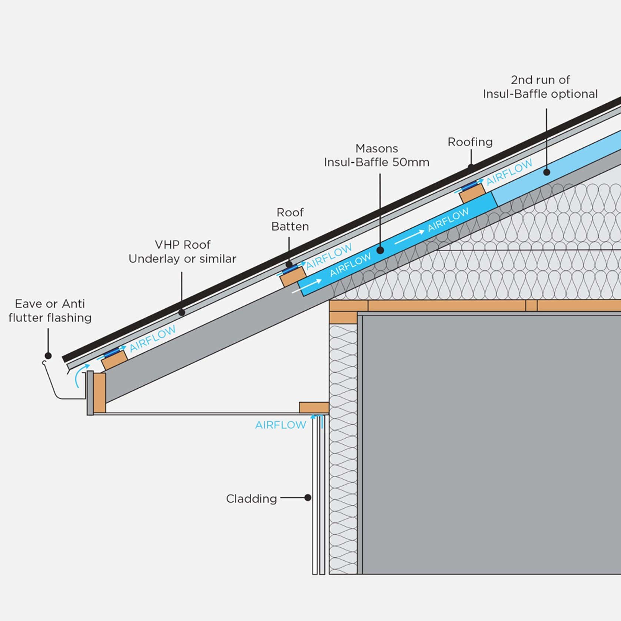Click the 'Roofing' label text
[470, 142]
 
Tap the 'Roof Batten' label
[290, 219]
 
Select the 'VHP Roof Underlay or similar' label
[182, 252]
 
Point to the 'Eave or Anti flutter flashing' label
[50, 310]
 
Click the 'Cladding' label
[251, 499]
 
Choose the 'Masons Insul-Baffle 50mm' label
[376, 155]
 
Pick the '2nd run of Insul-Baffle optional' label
[540, 87]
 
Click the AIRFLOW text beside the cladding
[280, 425]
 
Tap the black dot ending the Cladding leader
[308, 498]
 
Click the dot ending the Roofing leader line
[471, 167]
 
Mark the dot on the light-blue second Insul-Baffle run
[547, 172]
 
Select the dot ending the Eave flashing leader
[48, 356]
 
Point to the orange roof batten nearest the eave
[114, 360]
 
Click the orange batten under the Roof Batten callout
[293, 276]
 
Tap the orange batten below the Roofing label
[472, 193]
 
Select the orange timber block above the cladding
[314, 408]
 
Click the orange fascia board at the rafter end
[99, 393]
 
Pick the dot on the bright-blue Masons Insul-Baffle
[380, 250]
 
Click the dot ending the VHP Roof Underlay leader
[182, 312]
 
